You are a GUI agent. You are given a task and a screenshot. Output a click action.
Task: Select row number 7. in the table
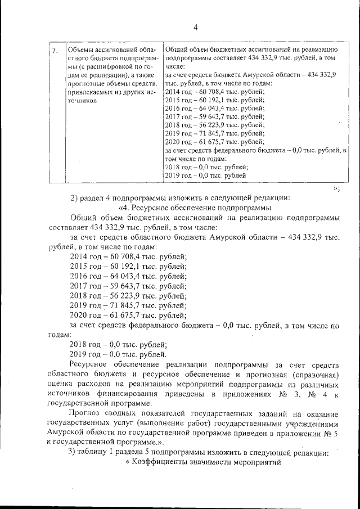[x=55, y=51]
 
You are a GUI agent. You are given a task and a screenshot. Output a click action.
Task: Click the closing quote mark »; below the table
[x=336, y=188]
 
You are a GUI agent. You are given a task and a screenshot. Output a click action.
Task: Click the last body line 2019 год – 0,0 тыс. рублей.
[x=117, y=354]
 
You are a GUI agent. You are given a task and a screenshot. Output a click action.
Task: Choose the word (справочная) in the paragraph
[x=318, y=375]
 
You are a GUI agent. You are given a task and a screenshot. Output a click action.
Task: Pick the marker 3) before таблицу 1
[x=71, y=453]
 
